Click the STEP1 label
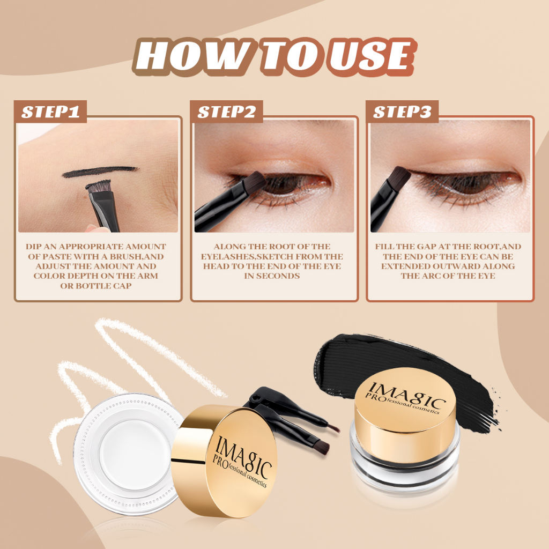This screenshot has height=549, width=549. tap(51, 112)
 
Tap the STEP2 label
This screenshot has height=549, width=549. tap(227, 112)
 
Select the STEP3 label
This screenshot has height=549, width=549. tap(402, 112)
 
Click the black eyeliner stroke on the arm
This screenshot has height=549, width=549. tap(99, 172)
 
